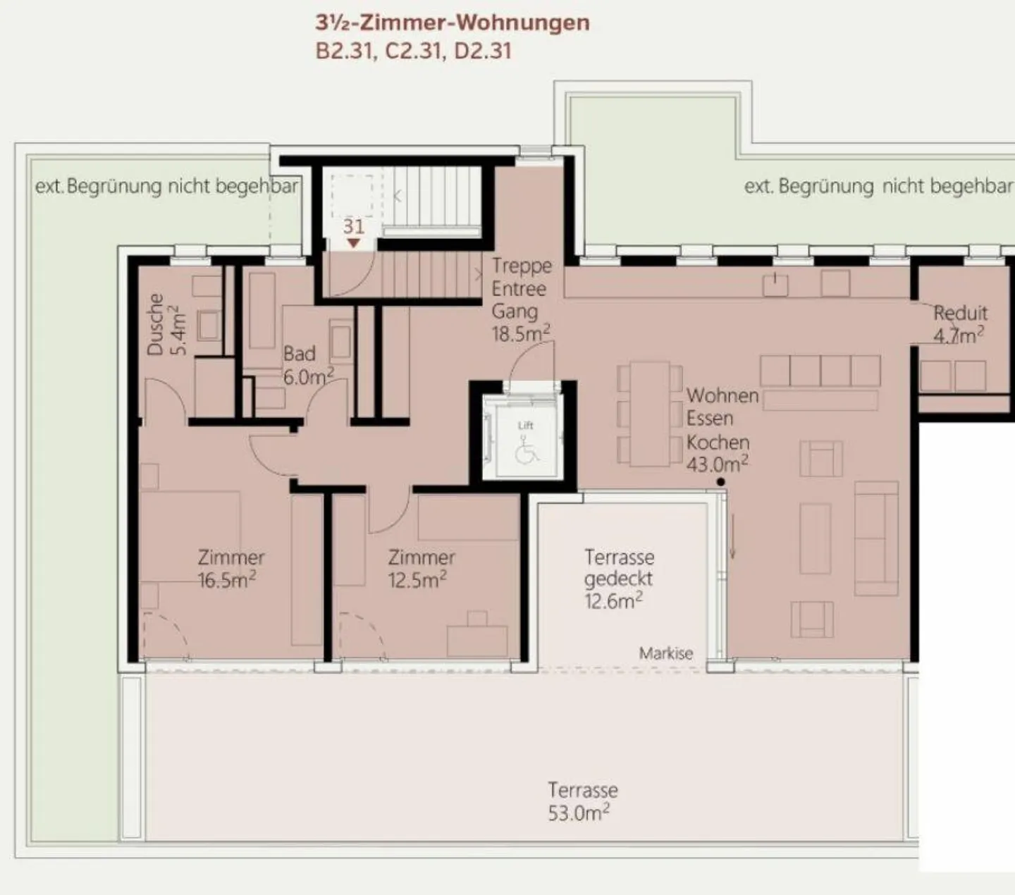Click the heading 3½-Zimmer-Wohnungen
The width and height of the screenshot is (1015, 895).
pyautogui.click(x=453, y=23)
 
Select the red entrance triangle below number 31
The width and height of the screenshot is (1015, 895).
pyautogui.click(x=354, y=243)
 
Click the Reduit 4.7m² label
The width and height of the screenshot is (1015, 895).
pyautogui.click(x=960, y=325)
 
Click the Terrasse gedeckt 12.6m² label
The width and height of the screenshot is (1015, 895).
pyautogui.click(x=618, y=579)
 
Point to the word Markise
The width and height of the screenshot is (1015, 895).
pyautogui.click(x=666, y=653)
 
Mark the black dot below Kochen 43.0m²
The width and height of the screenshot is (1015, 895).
pyautogui.click(x=720, y=482)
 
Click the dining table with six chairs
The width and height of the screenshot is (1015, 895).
pyautogui.click(x=649, y=414)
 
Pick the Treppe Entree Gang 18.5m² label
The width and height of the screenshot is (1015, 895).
pyautogui.click(x=521, y=300)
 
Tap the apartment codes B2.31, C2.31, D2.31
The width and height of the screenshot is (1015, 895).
pyautogui.click(x=413, y=51)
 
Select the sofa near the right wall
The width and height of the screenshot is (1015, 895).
pyautogui.click(x=876, y=538)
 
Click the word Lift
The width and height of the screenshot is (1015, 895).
pyautogui.click(x=526, y=425)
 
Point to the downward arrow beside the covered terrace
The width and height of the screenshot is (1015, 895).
pyautogui.click(x=732, y=536)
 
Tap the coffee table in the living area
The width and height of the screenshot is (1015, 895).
pyautogui.click(x=815, y=538)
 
